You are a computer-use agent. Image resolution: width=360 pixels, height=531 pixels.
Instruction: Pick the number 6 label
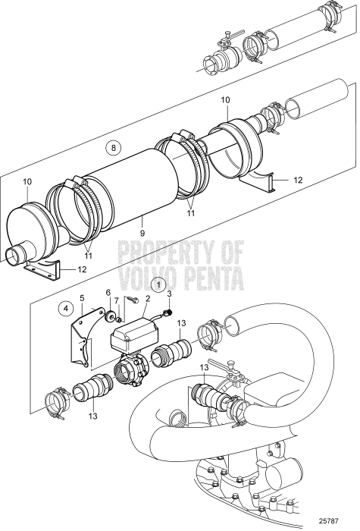(x=108, y=291)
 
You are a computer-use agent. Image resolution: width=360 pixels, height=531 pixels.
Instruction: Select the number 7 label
(x=117, y=301)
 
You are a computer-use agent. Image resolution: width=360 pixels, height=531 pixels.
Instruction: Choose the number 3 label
(x=169, y=293)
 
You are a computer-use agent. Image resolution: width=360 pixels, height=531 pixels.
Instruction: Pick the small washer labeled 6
(x=112, y=316)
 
